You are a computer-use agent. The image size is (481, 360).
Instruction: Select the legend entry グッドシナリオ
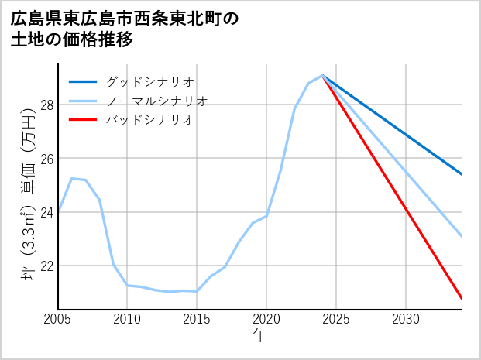pyautogui.click(x=149, y=81)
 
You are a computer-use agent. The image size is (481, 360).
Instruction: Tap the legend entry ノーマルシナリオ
pyautogui.click(x=156, y=101)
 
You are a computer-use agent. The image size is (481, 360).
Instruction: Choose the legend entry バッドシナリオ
pyautogui.click(x=149, y=120)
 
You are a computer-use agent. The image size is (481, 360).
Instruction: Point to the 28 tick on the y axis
pyautogui.click(x=46, y=105)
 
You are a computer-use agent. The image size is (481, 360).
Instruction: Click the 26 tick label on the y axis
pyautogui.click(x=46, y=159)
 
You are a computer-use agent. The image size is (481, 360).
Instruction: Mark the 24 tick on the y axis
pyautogui.click(x=46, y=212)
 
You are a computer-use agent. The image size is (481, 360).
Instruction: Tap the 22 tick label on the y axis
pyautogui.click(x=46, y=266)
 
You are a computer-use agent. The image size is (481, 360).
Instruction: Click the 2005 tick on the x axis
pyautogui.click(x=58, y=318)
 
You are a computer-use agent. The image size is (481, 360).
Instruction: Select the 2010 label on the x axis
pyautogui.click(x=127, y=318)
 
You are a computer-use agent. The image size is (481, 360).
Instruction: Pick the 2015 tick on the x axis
pyautogui.click(x=197, y=318)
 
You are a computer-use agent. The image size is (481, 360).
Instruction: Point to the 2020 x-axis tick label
pyautogui.click(x=266, y=318)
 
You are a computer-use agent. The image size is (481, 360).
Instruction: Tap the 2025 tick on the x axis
pyautogui.click(x=336, y=318)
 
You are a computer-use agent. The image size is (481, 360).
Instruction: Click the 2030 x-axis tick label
pyautogui.click(x=406, y=318)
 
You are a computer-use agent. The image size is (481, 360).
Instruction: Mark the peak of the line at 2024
pyautogui.click(x=322, y=75)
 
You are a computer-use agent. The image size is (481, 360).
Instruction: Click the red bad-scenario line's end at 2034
pyautogui.click(x=462, y=298)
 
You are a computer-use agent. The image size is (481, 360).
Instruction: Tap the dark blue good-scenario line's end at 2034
pyautogui.click(x=462, y=174)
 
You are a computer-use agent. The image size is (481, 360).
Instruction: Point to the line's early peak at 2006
pyautogui.click(x=72, y=178)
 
